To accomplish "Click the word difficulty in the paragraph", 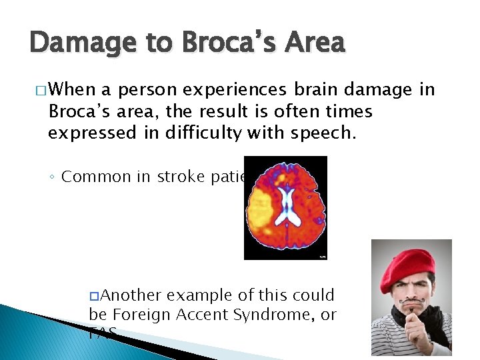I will (x=201, y=132).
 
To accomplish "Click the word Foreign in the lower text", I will (x=136, y=314).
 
